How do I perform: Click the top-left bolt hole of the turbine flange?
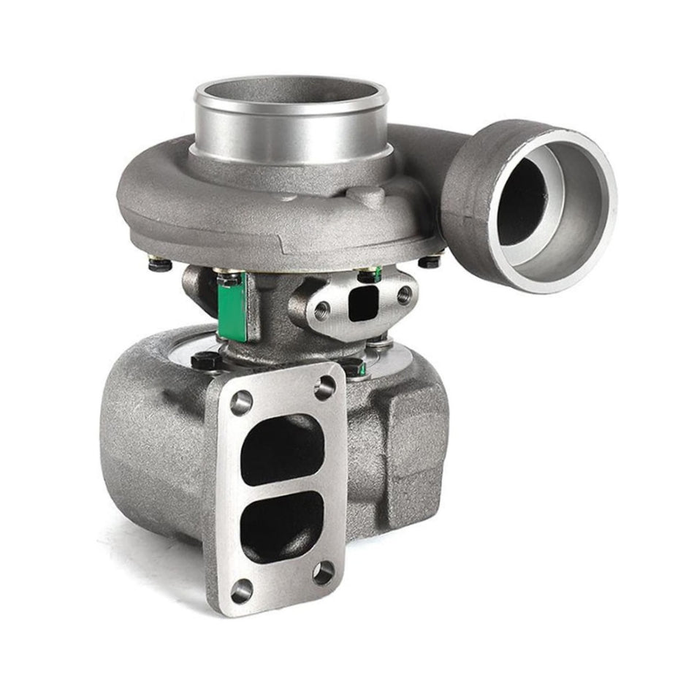(x=241, y=402)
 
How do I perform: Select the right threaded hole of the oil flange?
(x=403, y=295)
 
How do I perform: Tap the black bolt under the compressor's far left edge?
(x=160, y=264)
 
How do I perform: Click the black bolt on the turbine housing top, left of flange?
(x=204, y=361)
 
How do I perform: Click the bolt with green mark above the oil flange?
(x=369, y=274)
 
